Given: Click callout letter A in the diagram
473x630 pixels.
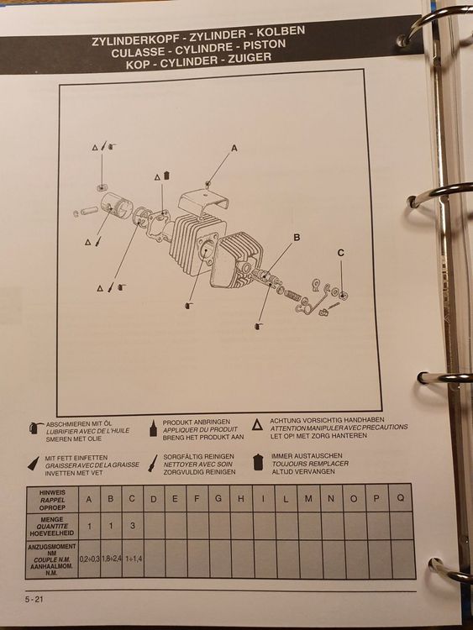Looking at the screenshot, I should click(234, 147).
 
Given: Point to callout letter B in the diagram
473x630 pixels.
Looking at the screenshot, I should click(296, 238).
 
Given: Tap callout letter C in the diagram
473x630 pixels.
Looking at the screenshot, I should click(341, 252).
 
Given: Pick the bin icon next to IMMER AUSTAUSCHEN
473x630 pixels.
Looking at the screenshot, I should click(258, 461).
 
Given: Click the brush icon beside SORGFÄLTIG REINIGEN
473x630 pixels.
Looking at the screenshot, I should click(152, 462).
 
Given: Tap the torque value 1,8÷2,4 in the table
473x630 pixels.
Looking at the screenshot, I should click(111, 557).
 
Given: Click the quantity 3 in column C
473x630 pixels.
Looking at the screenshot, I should click(133, 528).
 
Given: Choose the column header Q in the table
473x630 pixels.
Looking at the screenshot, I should click(399, 499).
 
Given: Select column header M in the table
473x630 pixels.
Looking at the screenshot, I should click(307, 499).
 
